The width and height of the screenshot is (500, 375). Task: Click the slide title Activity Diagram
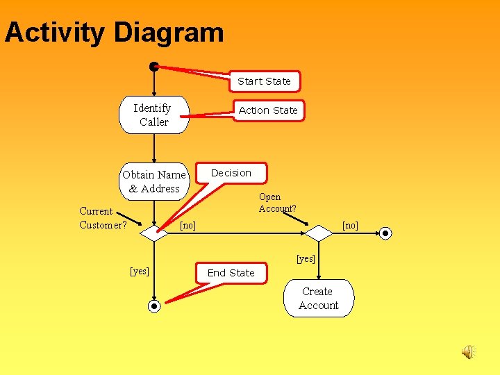click(115, 33)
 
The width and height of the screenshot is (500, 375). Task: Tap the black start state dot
click(153, 67)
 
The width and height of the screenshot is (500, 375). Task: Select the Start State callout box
click(264, 81)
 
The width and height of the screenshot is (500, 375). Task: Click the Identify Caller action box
click(153, 115)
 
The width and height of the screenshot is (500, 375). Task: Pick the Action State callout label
click(268, 110)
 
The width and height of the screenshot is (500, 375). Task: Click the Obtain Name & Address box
click(154, 181)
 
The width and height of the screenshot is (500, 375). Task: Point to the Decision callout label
click(231, 173)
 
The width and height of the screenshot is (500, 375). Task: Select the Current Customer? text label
click(103, 218)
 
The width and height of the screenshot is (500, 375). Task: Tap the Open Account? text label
click(277, 203)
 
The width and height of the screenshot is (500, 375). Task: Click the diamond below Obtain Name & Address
click(154, 234)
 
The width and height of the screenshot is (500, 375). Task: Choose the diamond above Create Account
click(319, 233)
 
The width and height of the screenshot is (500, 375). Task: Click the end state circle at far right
click(386, 234)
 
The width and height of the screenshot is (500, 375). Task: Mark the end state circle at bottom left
click(154, 306)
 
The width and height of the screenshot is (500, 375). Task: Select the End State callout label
click(231, 273)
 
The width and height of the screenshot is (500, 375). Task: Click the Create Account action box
click(319, 299)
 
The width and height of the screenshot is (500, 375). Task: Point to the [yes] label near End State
click(140, 271)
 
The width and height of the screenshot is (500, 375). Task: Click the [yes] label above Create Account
click(306, 259)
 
